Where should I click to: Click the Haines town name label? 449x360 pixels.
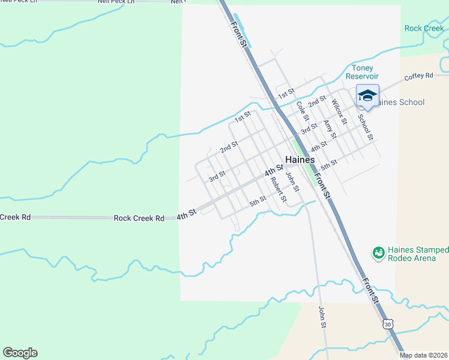coord(300,160)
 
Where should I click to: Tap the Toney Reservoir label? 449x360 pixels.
coord(366,72)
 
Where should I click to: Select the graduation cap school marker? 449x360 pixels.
coord(367,95)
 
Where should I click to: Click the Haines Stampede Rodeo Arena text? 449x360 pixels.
coord(417,254)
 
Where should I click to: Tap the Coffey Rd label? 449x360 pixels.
coord(418,76)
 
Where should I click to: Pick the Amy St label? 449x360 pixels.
coord(329,130)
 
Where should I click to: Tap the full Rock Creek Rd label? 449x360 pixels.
coord(139,218)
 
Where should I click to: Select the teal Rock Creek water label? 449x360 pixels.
coord(424,28)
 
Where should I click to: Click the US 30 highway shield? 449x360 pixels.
coord(388,324)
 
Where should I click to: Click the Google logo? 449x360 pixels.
coord(20,353)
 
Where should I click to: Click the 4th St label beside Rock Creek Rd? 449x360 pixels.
coord(187,214)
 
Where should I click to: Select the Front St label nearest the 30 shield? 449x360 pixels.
coord(371,289)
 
